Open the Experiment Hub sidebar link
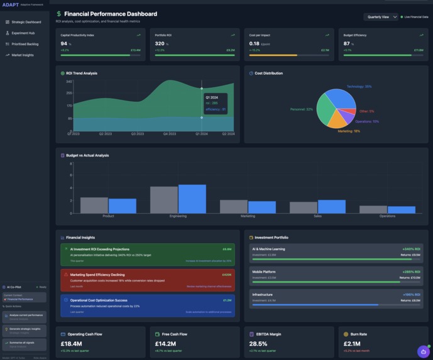coord(23,33)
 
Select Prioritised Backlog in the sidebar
coord(25,44)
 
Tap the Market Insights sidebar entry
coord(23,55)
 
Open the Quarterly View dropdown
coord(381,17)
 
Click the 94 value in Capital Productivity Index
coord(64,44)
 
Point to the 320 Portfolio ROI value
coord(160,44)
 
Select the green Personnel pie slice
coord(326,110)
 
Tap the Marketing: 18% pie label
coord(348,131)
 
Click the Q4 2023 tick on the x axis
coord(170,134)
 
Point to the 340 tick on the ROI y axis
coord(69,82)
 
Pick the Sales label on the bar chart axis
coord(317,216)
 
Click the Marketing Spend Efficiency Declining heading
coord(97,275)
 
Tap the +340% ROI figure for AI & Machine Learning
coord(411,249)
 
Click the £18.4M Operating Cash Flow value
coord(71,344)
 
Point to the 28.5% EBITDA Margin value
coord(258,344)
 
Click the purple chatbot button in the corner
coord(423,352)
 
